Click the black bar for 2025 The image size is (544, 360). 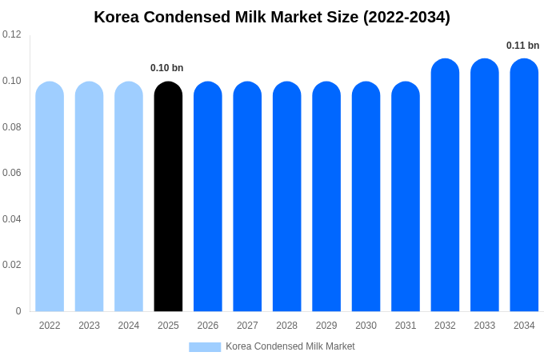168,196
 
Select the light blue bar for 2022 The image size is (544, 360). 50,196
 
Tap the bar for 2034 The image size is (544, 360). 524,185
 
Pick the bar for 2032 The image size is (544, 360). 445,185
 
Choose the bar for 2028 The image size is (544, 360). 286,196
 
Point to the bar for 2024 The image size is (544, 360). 129,196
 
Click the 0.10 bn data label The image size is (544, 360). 167,68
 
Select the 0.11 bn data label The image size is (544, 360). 522,46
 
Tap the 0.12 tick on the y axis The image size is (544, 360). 12,34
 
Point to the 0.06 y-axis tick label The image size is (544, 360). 12,173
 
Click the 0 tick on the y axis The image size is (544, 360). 18,311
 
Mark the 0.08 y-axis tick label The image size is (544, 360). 12,127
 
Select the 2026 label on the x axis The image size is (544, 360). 208,326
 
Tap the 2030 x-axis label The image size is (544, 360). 366,326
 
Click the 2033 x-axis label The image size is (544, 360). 485,326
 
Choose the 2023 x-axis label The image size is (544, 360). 89,326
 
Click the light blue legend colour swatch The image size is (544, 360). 205,347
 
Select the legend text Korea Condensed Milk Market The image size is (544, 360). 290,346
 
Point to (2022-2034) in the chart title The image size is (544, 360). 406,17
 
